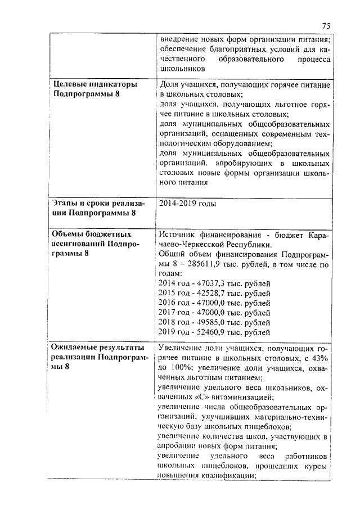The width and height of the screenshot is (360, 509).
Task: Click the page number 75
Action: click(x=326, y=25)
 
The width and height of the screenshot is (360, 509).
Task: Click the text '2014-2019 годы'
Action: click(x=188, y=204)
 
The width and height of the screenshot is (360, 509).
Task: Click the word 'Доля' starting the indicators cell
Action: click(x=169, y=84)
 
